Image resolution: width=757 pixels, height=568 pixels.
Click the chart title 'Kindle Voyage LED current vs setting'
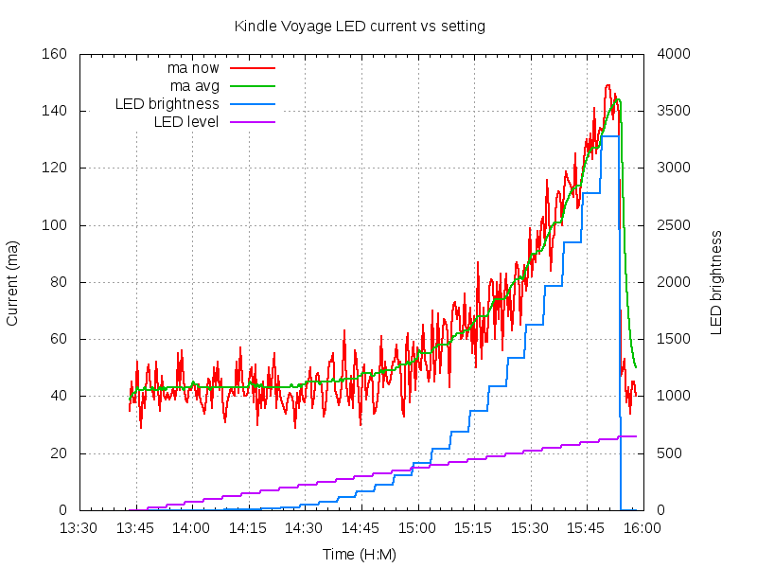pos(360,27)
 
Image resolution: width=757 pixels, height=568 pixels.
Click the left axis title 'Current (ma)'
pos(12,282)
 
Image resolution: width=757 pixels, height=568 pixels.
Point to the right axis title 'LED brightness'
pos(716,282)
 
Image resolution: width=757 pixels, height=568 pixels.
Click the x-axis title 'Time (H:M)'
pos(360,554)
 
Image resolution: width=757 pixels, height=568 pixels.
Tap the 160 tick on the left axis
pos(53,54)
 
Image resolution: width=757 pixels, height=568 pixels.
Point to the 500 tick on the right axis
pos(667,453)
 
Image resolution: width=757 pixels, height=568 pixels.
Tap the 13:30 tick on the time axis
pos(79,527)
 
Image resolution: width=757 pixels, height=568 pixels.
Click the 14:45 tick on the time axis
pos(361,527)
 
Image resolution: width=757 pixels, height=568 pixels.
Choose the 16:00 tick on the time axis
pos(643,527)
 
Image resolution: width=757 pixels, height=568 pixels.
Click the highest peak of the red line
pos(608,85)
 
